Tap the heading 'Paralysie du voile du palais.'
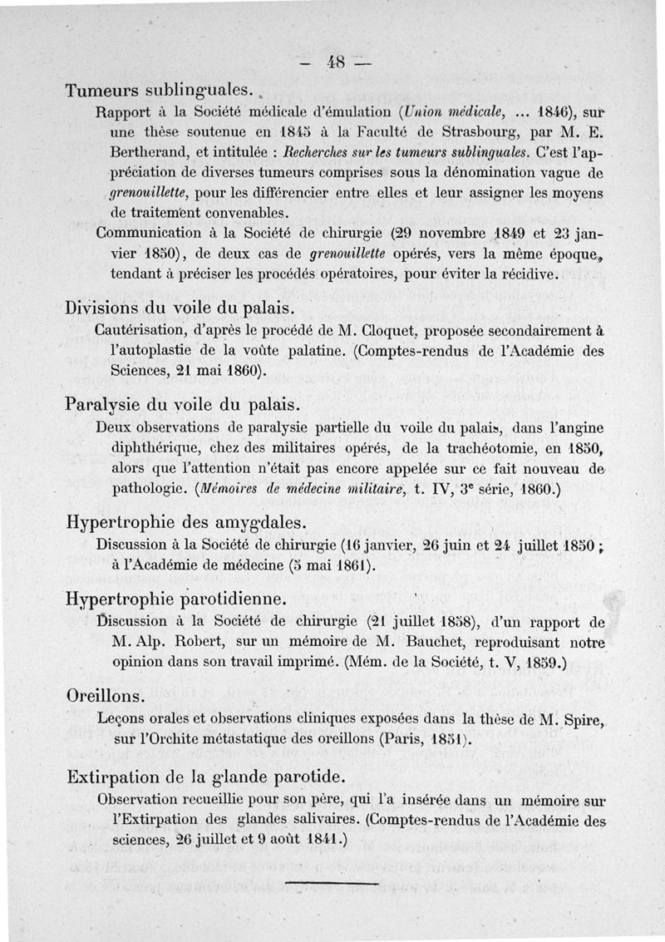coord(182,405)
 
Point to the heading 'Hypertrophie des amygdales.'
coord(186,523)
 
